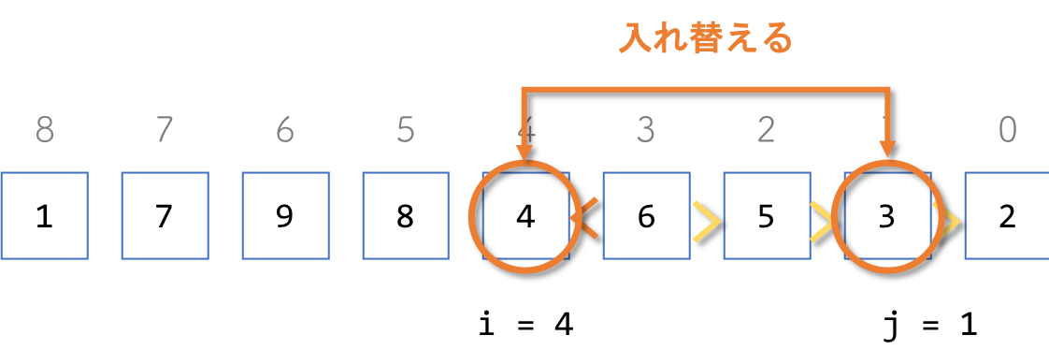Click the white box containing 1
click(44, 216)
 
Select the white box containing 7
click(165, 216)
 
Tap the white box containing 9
click(285, 216)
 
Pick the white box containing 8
click(405, 216)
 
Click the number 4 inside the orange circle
click(525, 217)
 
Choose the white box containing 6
click(646, 216)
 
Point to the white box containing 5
click(766, 216)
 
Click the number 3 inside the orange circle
click(886, 217)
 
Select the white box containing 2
click(1006, 216)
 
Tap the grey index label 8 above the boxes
click(44, 130)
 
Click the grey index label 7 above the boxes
click(165, 130)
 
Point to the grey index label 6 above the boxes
click(285, 130)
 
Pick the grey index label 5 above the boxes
click(405, 130)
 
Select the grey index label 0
click(1007, 130)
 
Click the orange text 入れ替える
click(706, 39)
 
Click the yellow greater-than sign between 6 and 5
click(706, 221)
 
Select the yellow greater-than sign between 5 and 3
click(823, 221)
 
